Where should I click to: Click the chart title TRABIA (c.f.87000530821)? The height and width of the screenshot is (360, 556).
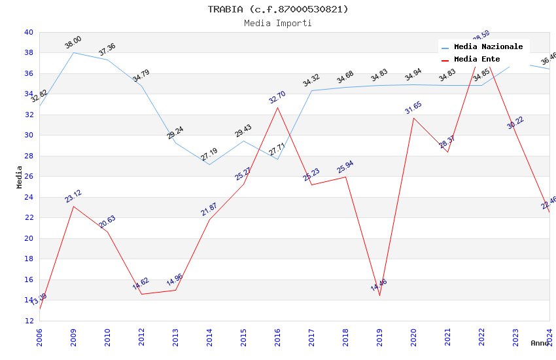(278, 9)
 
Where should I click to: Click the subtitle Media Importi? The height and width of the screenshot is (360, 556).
(278, 23)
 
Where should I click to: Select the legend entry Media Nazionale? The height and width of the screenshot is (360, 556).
(488, 47)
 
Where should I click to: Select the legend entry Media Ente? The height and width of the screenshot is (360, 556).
(476, 60)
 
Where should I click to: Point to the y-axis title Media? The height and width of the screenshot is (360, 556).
(20, 177)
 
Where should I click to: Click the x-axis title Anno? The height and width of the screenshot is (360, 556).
(540, 343)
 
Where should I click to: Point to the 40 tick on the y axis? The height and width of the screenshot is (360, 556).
(29, 32)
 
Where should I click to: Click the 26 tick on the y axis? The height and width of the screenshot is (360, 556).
(29, 176)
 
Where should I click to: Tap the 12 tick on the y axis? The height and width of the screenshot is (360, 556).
(29, 321)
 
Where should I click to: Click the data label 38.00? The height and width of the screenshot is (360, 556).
(73, 43)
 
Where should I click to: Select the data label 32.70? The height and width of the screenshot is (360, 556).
(277, 98)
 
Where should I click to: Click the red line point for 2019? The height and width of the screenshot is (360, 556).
(379, 295)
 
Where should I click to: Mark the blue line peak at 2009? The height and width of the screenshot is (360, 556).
(73, 52)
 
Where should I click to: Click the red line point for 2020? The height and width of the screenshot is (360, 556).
(413, 118)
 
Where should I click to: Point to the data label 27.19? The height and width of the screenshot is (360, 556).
(209, 154)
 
